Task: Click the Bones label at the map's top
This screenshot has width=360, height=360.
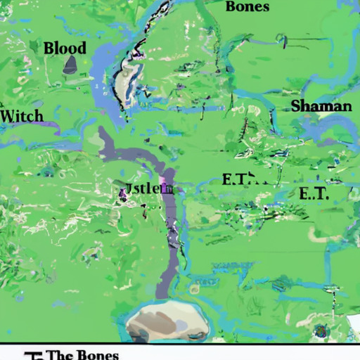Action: click(x=247, y=6)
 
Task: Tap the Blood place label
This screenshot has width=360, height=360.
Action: click(x=65, y=49)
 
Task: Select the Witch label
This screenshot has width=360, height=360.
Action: click(x=22, y=115)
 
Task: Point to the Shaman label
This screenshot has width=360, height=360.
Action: click(x=321, y=105)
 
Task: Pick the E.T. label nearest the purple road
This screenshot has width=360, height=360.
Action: click(x=237, y=179)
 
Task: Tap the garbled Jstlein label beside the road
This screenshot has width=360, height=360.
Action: click(x=147, y=188)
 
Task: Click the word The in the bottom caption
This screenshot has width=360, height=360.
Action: click(x=59, y=354)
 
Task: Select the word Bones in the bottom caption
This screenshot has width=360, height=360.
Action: click(x=96, y=354)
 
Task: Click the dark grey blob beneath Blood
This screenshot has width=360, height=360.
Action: click(x=70, y=65)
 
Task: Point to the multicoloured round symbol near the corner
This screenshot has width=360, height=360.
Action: click(x=323, y=331)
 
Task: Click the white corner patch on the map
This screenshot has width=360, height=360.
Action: click(x=354, y=325)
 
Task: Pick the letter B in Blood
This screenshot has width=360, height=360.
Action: click(x=49, y=49)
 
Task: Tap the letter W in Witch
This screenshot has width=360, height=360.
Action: click(x=8, y=115)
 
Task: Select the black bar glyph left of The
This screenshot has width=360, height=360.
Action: click(x=30, y=354)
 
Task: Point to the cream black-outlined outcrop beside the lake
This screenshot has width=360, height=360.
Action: click(x=124, y=81)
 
